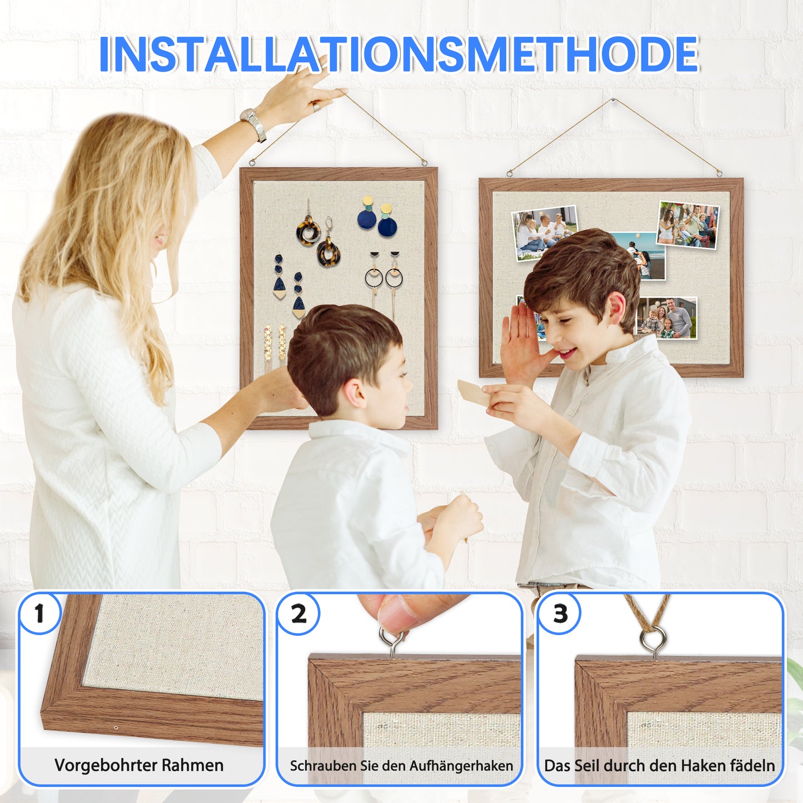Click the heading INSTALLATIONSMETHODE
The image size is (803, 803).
398,54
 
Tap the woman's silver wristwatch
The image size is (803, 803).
253,123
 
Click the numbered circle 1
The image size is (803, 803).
39,614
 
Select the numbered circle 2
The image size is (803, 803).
298,614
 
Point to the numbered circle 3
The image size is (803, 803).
560,614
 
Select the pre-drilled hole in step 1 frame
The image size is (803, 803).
116,727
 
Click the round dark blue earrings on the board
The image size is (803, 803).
377,220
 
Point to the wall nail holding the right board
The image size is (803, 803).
614,101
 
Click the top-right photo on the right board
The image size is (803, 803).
688,225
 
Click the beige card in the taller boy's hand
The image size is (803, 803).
473,393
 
